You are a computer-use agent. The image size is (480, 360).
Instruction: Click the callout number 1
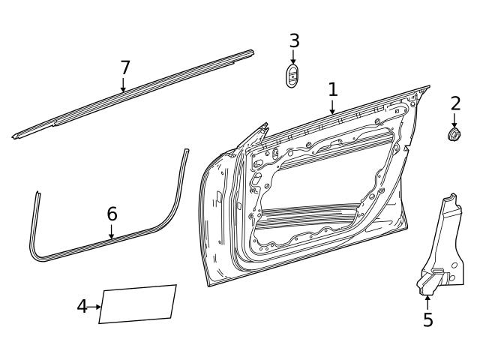click(332, 90)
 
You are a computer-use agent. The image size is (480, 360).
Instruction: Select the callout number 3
click(294, 40)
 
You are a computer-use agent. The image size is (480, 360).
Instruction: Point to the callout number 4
click(82, 306)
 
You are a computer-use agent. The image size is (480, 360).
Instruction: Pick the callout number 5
click(427, 320)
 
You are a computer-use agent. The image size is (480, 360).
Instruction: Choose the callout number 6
click(112, 214)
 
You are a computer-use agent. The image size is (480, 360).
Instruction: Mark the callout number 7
click(125, 67)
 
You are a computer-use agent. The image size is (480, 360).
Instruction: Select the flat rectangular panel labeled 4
click(138, 304)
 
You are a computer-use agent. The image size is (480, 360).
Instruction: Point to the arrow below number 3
click(293, 58)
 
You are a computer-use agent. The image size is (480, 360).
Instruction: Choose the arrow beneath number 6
click(112, 232)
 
